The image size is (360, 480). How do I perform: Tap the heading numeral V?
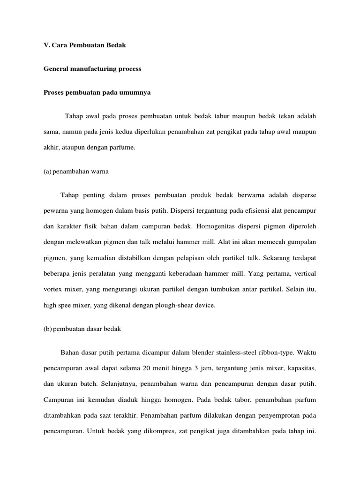(46, 45)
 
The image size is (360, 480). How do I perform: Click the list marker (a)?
(47, 171)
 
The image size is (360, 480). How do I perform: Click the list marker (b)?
(47, 329)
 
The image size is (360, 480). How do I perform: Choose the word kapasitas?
(301, 368)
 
